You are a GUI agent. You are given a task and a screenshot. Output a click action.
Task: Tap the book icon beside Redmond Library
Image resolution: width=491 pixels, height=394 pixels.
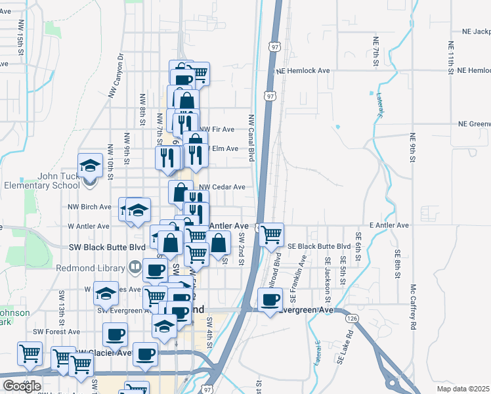(134, 267)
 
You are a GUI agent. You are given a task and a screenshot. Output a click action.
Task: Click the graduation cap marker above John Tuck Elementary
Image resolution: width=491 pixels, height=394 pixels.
(90, 165)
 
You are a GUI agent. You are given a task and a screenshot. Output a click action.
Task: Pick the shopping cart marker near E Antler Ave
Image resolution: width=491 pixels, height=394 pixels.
(271, 234)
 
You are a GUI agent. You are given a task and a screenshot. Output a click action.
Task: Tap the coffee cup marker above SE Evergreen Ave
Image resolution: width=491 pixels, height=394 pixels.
(270, 301)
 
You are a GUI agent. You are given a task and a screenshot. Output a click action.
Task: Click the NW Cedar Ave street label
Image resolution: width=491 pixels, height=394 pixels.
(222, 187)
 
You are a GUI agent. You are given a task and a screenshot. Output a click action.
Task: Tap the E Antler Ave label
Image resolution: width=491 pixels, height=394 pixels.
(389, 225)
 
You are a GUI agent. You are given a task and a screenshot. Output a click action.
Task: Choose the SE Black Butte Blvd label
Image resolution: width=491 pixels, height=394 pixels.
(320, 246)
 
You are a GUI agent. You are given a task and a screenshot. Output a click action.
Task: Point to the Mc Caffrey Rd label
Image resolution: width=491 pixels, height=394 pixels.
(414, 307)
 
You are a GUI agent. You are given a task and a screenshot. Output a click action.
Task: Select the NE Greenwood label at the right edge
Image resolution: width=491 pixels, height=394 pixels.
(474, 123)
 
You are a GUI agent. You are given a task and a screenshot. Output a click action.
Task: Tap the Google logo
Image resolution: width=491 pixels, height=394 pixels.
(22, 386)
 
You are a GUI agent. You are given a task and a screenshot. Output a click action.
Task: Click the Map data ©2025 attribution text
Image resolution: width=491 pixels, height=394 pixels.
(463, 389)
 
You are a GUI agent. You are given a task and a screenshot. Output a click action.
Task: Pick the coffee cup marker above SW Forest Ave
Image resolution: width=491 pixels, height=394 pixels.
(116, 334)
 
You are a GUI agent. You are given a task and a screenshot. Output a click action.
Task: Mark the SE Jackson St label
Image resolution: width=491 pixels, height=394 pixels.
(327, 270)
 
